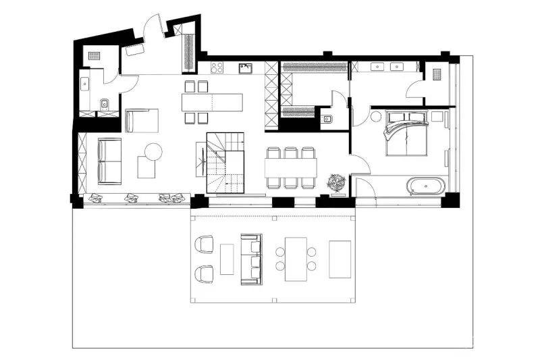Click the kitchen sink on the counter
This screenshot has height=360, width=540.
click(247, 68)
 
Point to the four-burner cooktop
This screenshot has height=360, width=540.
click(217, 68)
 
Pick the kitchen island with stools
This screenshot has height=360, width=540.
click(212, 103)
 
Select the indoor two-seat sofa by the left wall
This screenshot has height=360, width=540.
click(109, 160)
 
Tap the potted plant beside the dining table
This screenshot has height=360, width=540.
click(335, 182)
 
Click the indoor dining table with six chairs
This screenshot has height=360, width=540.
click(291, 167)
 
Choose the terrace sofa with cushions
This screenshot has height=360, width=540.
click(252, 257)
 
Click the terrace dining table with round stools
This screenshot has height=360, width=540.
click(296, 259)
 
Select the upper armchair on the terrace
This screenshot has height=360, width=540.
click(203, 244)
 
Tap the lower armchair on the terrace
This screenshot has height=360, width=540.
click(203, 274)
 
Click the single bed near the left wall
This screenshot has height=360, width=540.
click(142, 120)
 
